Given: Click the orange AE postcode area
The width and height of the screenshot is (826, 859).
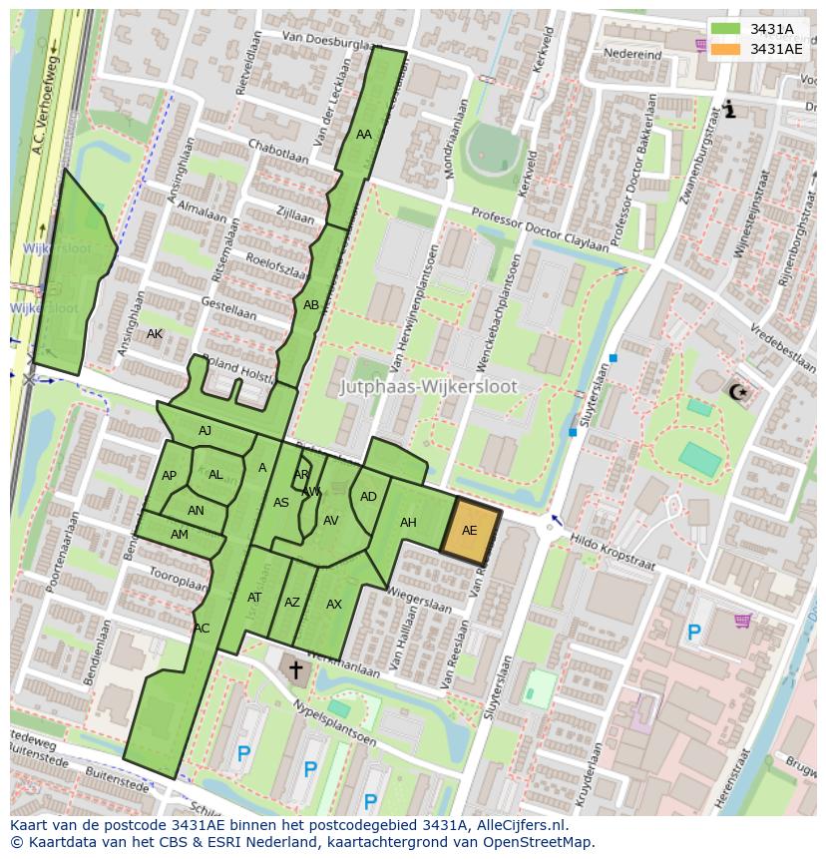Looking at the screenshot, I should pyautogui.click(x=470, y=530).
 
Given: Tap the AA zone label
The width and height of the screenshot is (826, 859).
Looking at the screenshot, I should pyautogui.click(x=364, y=134).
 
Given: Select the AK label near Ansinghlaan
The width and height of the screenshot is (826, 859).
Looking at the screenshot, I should pyautogui.click(x=154, y=333).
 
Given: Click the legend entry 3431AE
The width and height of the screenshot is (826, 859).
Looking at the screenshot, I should pyautogui.click(x=775, y=48).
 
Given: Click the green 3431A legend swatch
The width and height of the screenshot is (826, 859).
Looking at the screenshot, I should pyautogui.click(x=726, y=29).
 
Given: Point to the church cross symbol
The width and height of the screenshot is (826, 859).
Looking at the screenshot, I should pyautogui.click(x=294, y=669).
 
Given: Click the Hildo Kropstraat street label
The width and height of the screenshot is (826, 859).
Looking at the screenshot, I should pyautogui.click(x=613, y=553).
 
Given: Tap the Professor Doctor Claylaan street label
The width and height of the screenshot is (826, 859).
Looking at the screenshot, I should pyautogui.click(x=540, y=229).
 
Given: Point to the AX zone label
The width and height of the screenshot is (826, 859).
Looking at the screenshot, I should pyautogui.click(x=334, y=605).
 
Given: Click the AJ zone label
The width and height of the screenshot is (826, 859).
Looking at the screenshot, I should pyautogui.click(x=205, y=431).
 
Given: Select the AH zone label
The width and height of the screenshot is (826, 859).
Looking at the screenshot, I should pyautogui.click(x=408, y=523).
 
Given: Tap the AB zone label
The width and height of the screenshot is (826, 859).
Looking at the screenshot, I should pyautogui.click(x=311, y=305).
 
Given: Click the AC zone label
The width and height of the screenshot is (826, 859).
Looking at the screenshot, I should pyautogui.click(x=202, y=629).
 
